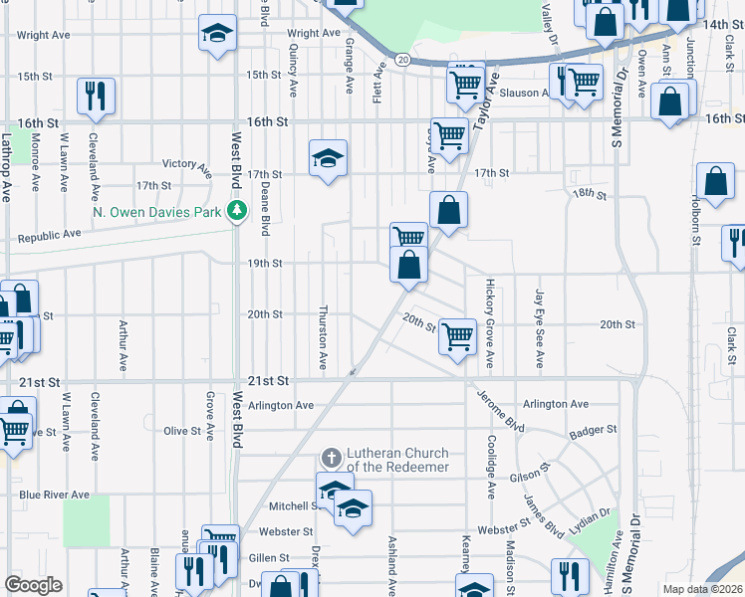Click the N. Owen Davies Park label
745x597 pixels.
(x=157, y=211)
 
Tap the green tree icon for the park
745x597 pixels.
(x=237, y=210)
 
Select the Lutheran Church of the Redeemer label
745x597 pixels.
(x=397, y=460)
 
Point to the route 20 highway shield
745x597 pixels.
(x=400, y=60)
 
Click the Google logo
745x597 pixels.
(x=34, y=585)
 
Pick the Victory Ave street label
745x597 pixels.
(x=187, y=164)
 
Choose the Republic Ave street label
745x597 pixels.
(x=50, y=236)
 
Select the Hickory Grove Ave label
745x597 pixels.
(x=490, y=320)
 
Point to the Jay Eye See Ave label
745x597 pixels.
(x=539, y=328)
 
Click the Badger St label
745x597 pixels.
(x=594, y=431)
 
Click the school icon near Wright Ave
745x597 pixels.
(x=217, y=33)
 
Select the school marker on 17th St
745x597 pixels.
(x=328, y=158)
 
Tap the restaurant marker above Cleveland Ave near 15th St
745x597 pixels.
(x=97, y=96)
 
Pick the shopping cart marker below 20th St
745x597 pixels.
(x=457, y=336)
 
